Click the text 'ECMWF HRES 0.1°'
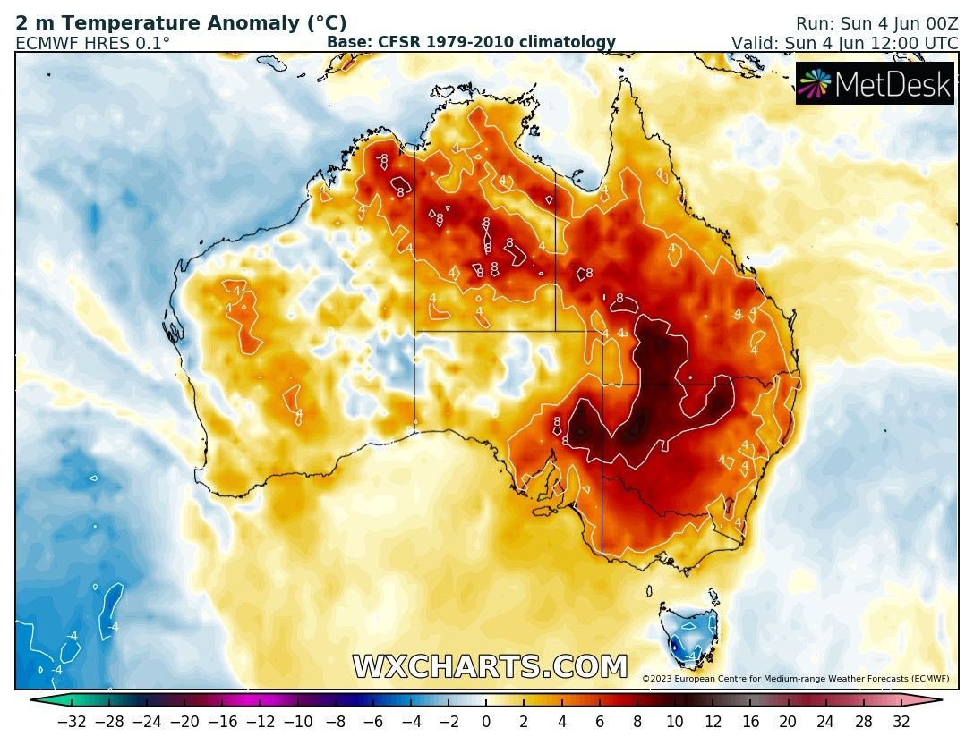(92, 43)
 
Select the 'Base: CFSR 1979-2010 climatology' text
(471, 42)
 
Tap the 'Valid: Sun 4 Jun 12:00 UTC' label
(844, 43)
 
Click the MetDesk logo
(875, 84)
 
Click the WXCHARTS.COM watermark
(490, 667)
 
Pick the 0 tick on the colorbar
(486, 722)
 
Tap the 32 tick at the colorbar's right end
(901, 722)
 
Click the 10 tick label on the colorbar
(674, 722)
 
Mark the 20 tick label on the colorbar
(788, 722)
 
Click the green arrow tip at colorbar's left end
(36, 701)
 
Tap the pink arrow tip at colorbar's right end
(936, 701)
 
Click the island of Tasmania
(688, 631)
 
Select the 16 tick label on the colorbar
(750, 722)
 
